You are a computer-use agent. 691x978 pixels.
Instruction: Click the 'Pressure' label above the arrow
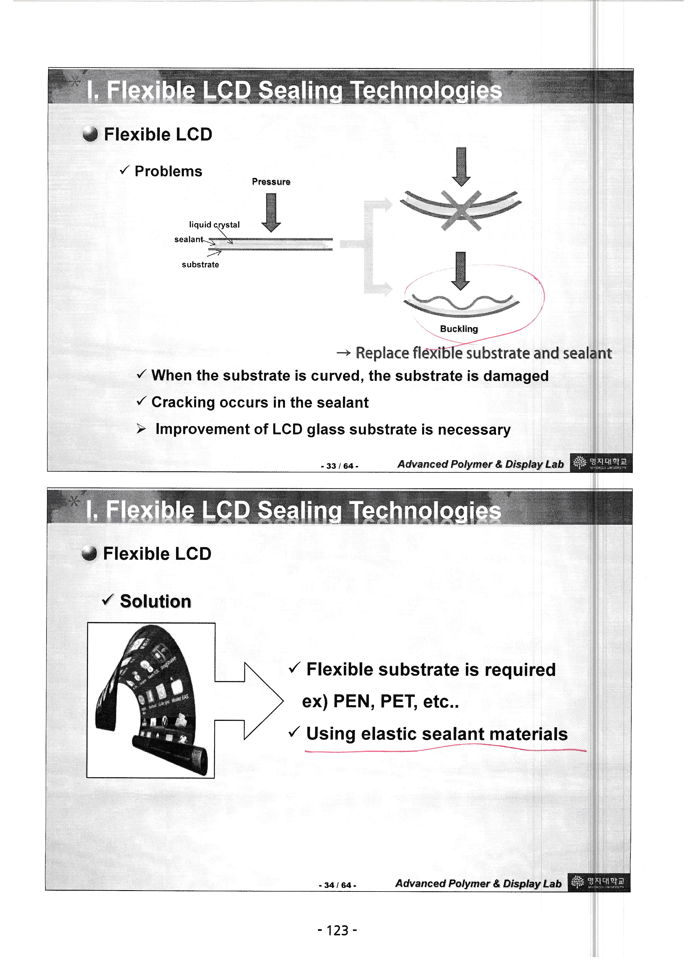271,182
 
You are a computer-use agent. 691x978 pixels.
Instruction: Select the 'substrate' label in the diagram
200,265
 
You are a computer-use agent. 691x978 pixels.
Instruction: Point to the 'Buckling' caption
459,329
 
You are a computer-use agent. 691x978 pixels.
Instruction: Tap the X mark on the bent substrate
461,211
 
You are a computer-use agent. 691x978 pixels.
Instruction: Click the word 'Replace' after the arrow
382,353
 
